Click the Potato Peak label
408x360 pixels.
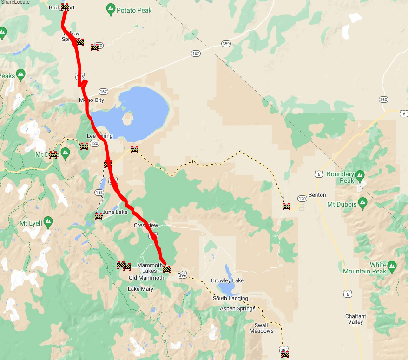(134, 10)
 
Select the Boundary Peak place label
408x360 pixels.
(341, 177)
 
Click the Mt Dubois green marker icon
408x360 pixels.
(363, 204)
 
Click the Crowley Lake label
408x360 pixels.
(227, 280)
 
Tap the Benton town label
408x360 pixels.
(317, 195)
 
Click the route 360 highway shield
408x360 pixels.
(383, 100)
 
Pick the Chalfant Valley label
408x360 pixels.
(355, 319)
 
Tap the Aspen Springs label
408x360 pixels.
(237, 308)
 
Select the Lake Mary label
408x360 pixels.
(140, 289)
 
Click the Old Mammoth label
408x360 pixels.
(146, 278)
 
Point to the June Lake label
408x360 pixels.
(115, 212)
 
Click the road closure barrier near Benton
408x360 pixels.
(286, 206)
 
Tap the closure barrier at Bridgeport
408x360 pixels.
(65, 7)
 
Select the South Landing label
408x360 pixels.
(230, 298)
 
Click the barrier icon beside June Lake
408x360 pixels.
(99, 216)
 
